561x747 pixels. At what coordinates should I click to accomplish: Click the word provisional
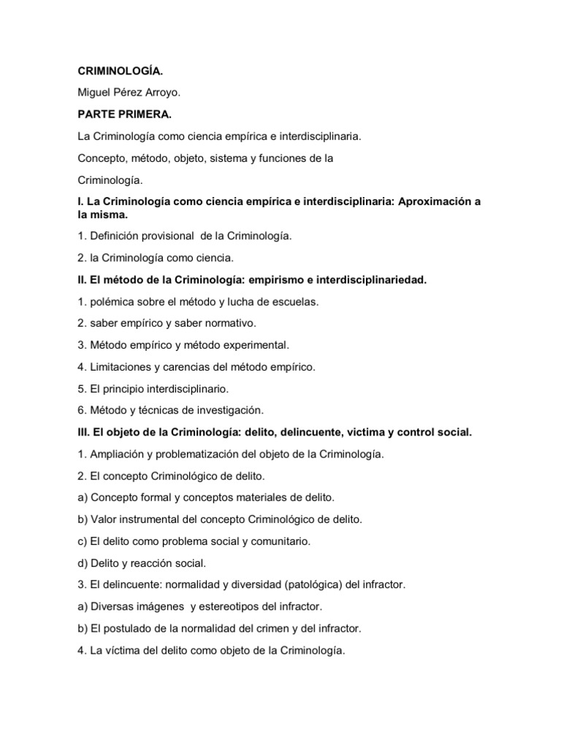[x=154, y=236]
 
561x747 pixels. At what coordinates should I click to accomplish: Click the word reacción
[x=159, y=563]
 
